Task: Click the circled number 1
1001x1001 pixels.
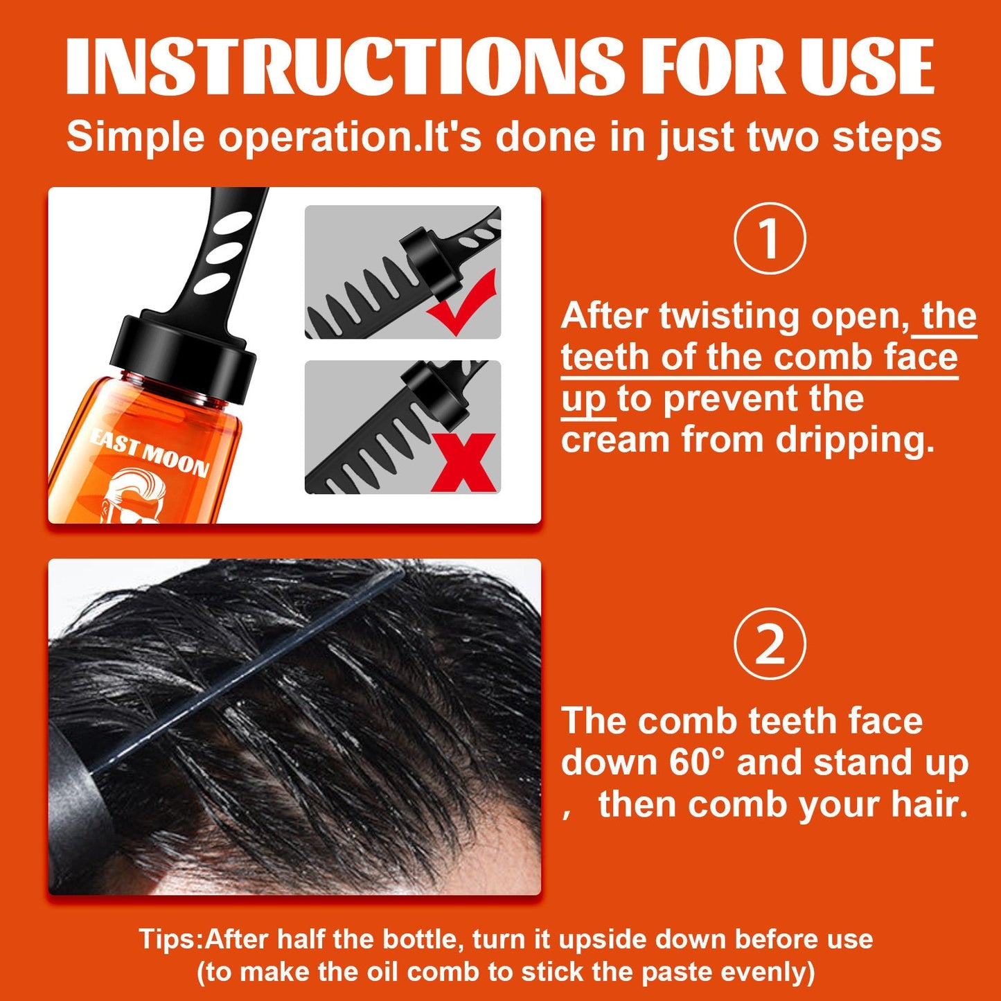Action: tap(769, 238)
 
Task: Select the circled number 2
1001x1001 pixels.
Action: tap(769, 644)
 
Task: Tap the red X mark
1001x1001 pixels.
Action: tap(463, 462)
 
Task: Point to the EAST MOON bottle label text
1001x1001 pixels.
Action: tap(150, 452)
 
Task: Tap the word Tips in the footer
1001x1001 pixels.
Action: tap(169, 939)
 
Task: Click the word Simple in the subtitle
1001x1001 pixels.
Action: tap(136, 136)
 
